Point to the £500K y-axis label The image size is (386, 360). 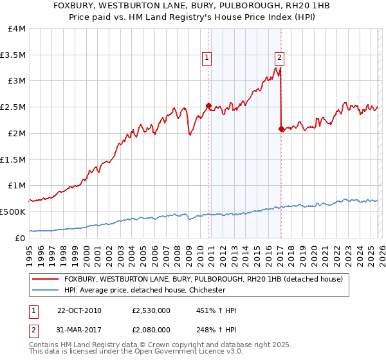click(x=13, y=212)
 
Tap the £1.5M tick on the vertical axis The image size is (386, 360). click(x=13, y=159)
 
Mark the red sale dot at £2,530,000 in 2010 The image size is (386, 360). click(x=208, y=106)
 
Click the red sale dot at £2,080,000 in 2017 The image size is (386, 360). click(x=281, y=129)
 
